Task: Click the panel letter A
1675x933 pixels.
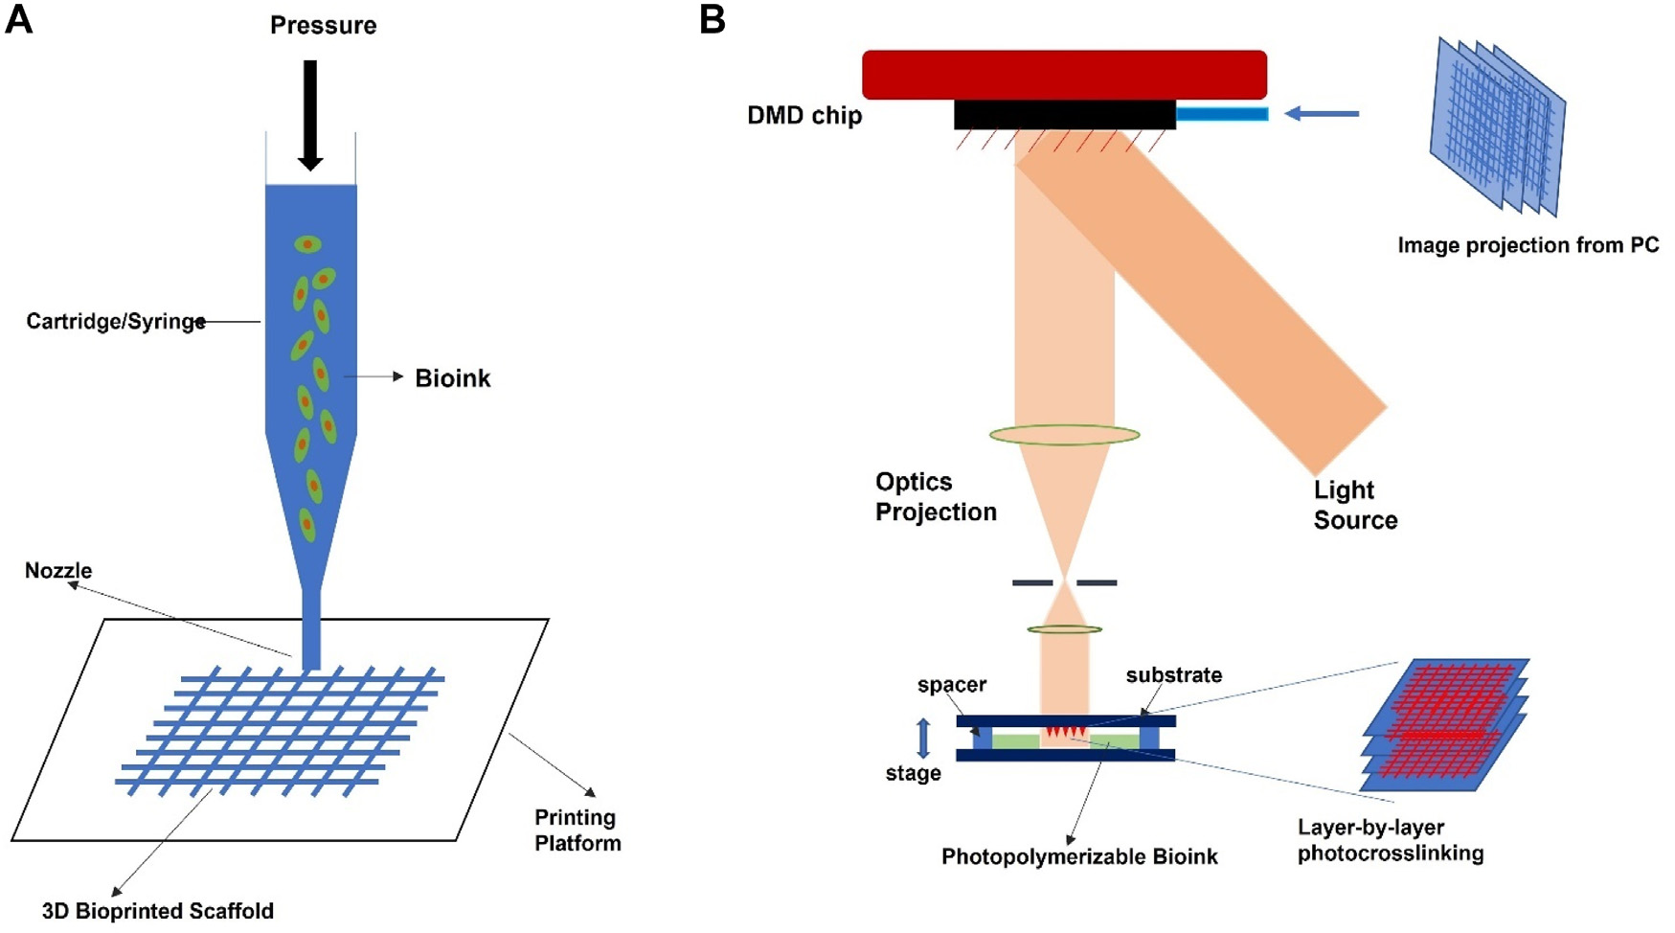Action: (x=18, y=19)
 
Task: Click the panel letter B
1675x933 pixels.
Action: (x=713, y=19)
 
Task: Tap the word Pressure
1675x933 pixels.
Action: (x=323, y=26)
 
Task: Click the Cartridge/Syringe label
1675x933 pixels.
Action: (x=115, y=322)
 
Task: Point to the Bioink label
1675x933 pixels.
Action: (x=452, y=378)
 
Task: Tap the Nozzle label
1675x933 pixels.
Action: (x=58, y=571)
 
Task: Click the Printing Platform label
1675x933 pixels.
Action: (x=577, y=831)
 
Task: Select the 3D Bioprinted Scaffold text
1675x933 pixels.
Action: (x=158, y=911)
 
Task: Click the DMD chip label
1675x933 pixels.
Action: (x=804, y=116)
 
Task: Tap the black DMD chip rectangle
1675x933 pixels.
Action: (x=1064, y=114)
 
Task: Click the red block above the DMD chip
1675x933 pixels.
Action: (x=1064, y=75)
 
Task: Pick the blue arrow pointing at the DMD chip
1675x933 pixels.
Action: (x=1321, y=114)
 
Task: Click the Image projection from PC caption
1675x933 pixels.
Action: (x=1528, y=245)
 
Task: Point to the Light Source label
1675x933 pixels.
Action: (x=1355, y=505)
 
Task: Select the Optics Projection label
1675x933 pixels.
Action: (x=936, y=497)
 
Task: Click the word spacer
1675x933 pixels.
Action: (x=951, y=685)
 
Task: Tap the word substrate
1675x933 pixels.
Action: (x=1173, y=675)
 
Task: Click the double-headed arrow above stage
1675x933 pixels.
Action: (x=923, y=738)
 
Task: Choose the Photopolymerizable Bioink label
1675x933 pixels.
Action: (x=1079, y=856)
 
